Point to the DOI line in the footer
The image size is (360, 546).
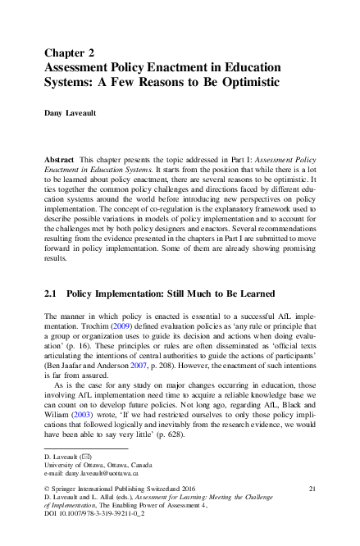coord(89,515)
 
